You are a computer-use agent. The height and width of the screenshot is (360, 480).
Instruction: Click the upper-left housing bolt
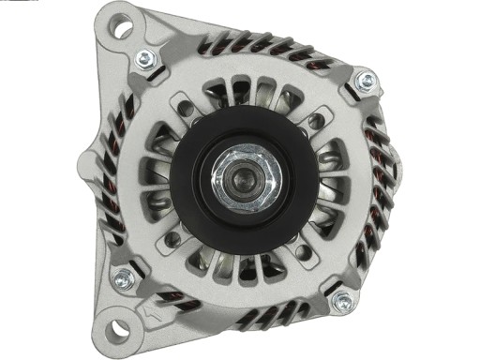point(145,60)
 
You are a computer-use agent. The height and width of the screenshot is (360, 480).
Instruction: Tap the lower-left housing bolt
point(123,277)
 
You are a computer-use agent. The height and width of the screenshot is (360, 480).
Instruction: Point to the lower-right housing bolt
point(342,302)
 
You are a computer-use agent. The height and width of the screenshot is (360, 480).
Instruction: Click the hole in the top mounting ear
point(122,28)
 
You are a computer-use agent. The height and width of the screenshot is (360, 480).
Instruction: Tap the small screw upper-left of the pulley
point(185,109)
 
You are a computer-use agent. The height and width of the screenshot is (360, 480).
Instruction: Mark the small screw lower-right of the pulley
point(302,252)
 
